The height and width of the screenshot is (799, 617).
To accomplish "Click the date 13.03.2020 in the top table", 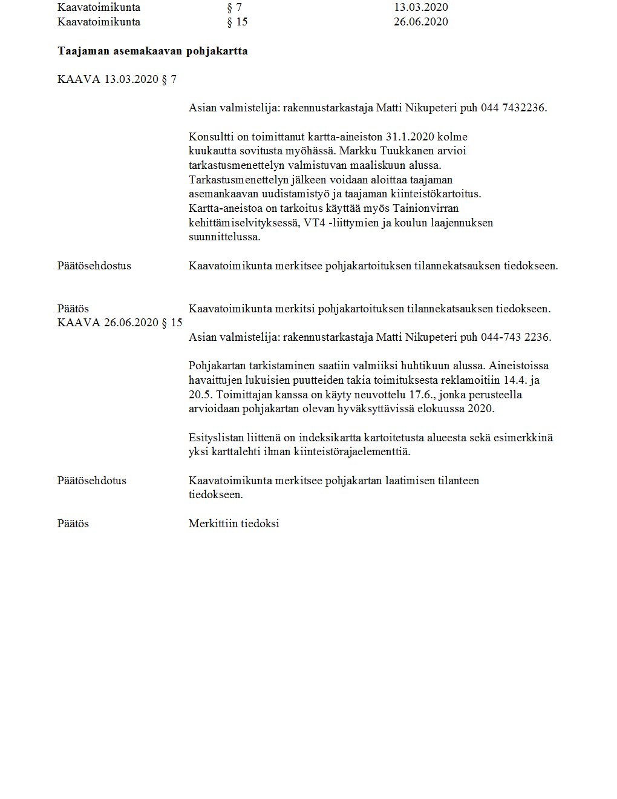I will click(420, 8).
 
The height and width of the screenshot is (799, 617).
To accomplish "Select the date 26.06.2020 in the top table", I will click(420, 22).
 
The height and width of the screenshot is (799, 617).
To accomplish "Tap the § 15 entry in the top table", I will click(237, 22).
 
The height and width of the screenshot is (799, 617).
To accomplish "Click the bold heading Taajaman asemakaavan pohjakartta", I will click(152, 51).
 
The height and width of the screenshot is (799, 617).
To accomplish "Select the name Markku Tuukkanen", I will click(383, 151).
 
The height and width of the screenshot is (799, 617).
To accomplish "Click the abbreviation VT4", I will click(315, 223).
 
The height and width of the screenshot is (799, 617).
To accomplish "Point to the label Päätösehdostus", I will click(94, 266).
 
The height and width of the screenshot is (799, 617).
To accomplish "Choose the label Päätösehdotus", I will click(92, 481).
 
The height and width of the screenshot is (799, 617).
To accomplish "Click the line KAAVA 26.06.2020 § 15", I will click(120, 323).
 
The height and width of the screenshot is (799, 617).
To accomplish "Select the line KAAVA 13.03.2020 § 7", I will click(117, 80).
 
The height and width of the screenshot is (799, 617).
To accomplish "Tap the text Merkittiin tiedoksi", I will click(233, 524).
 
